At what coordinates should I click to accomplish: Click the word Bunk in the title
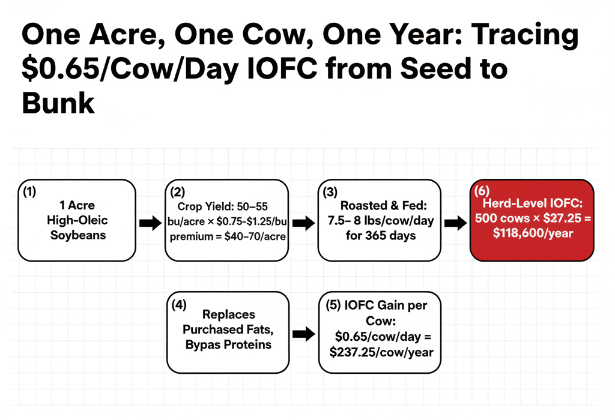point(58,103)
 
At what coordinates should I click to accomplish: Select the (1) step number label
point(29,191)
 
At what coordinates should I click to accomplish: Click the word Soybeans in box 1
point(78,235)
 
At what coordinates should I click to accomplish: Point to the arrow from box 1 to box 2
point(150,223)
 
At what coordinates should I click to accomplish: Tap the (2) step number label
point(177,192)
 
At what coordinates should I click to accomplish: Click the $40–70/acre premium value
point(255,236)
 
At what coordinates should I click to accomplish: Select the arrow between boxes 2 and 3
point(303,223)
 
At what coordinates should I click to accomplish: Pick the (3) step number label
point(330,192)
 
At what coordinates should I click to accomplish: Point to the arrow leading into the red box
point(456,223)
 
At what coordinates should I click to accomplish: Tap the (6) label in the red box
point(482,191)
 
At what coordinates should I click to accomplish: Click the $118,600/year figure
point(533,233)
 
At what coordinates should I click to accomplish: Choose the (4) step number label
point(179,304)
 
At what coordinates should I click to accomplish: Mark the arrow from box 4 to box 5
point(304,334)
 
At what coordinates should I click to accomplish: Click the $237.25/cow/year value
point(381,352)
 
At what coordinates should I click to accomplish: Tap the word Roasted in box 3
point(360,205)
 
